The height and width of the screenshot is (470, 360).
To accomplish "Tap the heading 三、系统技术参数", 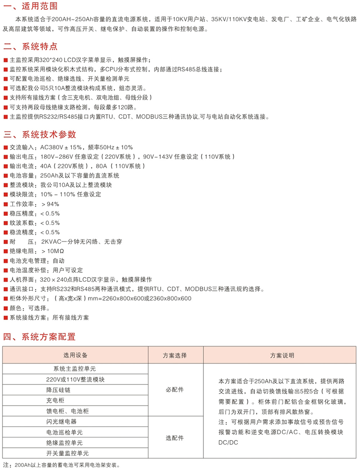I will point(40,135).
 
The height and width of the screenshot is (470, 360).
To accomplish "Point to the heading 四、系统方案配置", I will point(40,337).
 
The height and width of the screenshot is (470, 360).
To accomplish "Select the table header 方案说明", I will point(282,355).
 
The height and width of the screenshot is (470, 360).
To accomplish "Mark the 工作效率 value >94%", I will point(50,204).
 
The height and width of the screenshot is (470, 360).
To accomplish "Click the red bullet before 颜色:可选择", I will point(5,308).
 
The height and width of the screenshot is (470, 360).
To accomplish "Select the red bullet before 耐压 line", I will point(5,242).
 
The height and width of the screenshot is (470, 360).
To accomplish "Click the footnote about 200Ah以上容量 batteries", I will point(61,465).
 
